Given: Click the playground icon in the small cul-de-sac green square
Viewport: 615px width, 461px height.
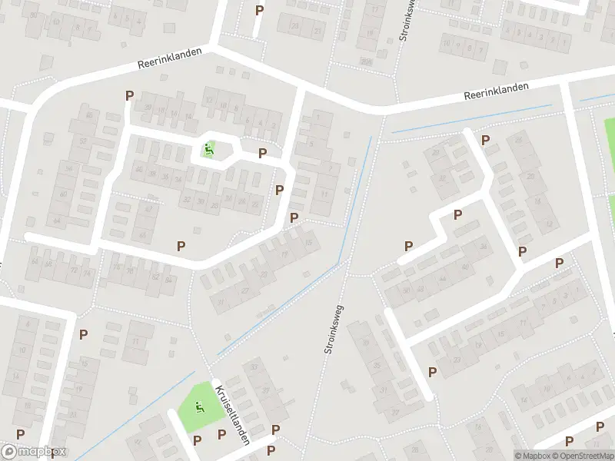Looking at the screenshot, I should [208, 148].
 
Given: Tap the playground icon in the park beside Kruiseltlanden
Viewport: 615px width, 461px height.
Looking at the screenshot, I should [200, 407].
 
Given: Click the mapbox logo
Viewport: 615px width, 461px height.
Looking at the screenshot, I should [34, 453].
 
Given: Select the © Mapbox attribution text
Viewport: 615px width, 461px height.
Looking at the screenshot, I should [534, 455].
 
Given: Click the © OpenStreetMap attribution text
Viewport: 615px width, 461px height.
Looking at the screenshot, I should [583, 455].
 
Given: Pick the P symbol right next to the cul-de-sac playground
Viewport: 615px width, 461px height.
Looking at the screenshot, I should [263, 153].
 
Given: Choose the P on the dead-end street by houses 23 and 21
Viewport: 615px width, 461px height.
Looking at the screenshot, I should [259, 10].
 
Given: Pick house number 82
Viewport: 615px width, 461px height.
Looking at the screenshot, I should [155, 277].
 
